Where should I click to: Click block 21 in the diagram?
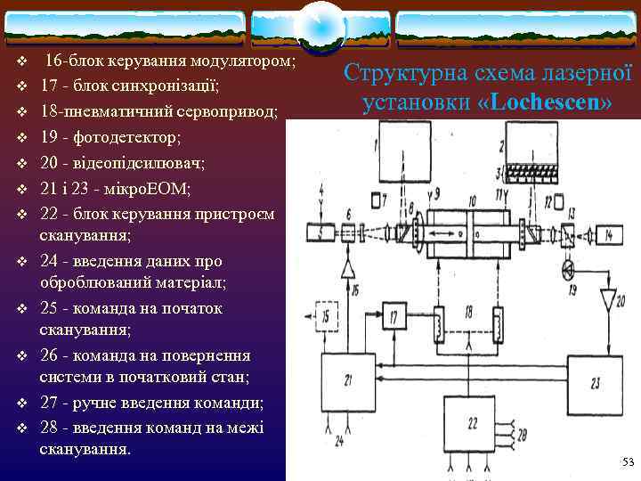click(353, 381)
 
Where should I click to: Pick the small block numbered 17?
click(394, 316)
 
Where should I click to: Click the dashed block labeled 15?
click(329, 317)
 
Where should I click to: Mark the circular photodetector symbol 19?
click(568, 267)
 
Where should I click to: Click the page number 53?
click(628, 461)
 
